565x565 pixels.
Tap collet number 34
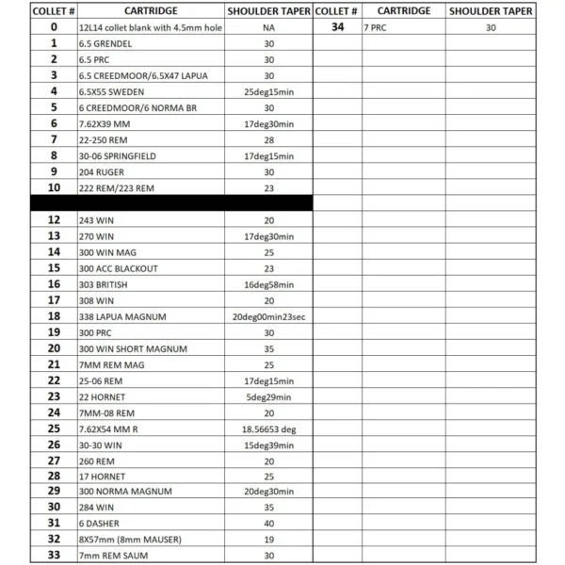coord(336,28)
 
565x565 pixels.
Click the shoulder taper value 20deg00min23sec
coord(268,316)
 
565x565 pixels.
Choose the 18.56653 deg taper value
coord(268,428)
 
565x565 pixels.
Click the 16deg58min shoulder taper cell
coord(268,284)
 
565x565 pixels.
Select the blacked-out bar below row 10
coord(171,202)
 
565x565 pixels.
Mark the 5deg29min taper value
coord(268,396)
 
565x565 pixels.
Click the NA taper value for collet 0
coord(268,28)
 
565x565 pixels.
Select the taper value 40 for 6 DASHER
coord(268,524)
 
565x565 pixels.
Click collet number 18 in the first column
coord(54,316)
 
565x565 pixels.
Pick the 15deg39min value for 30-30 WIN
coord(268,444)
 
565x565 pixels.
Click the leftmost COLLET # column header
coord(54,11)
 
